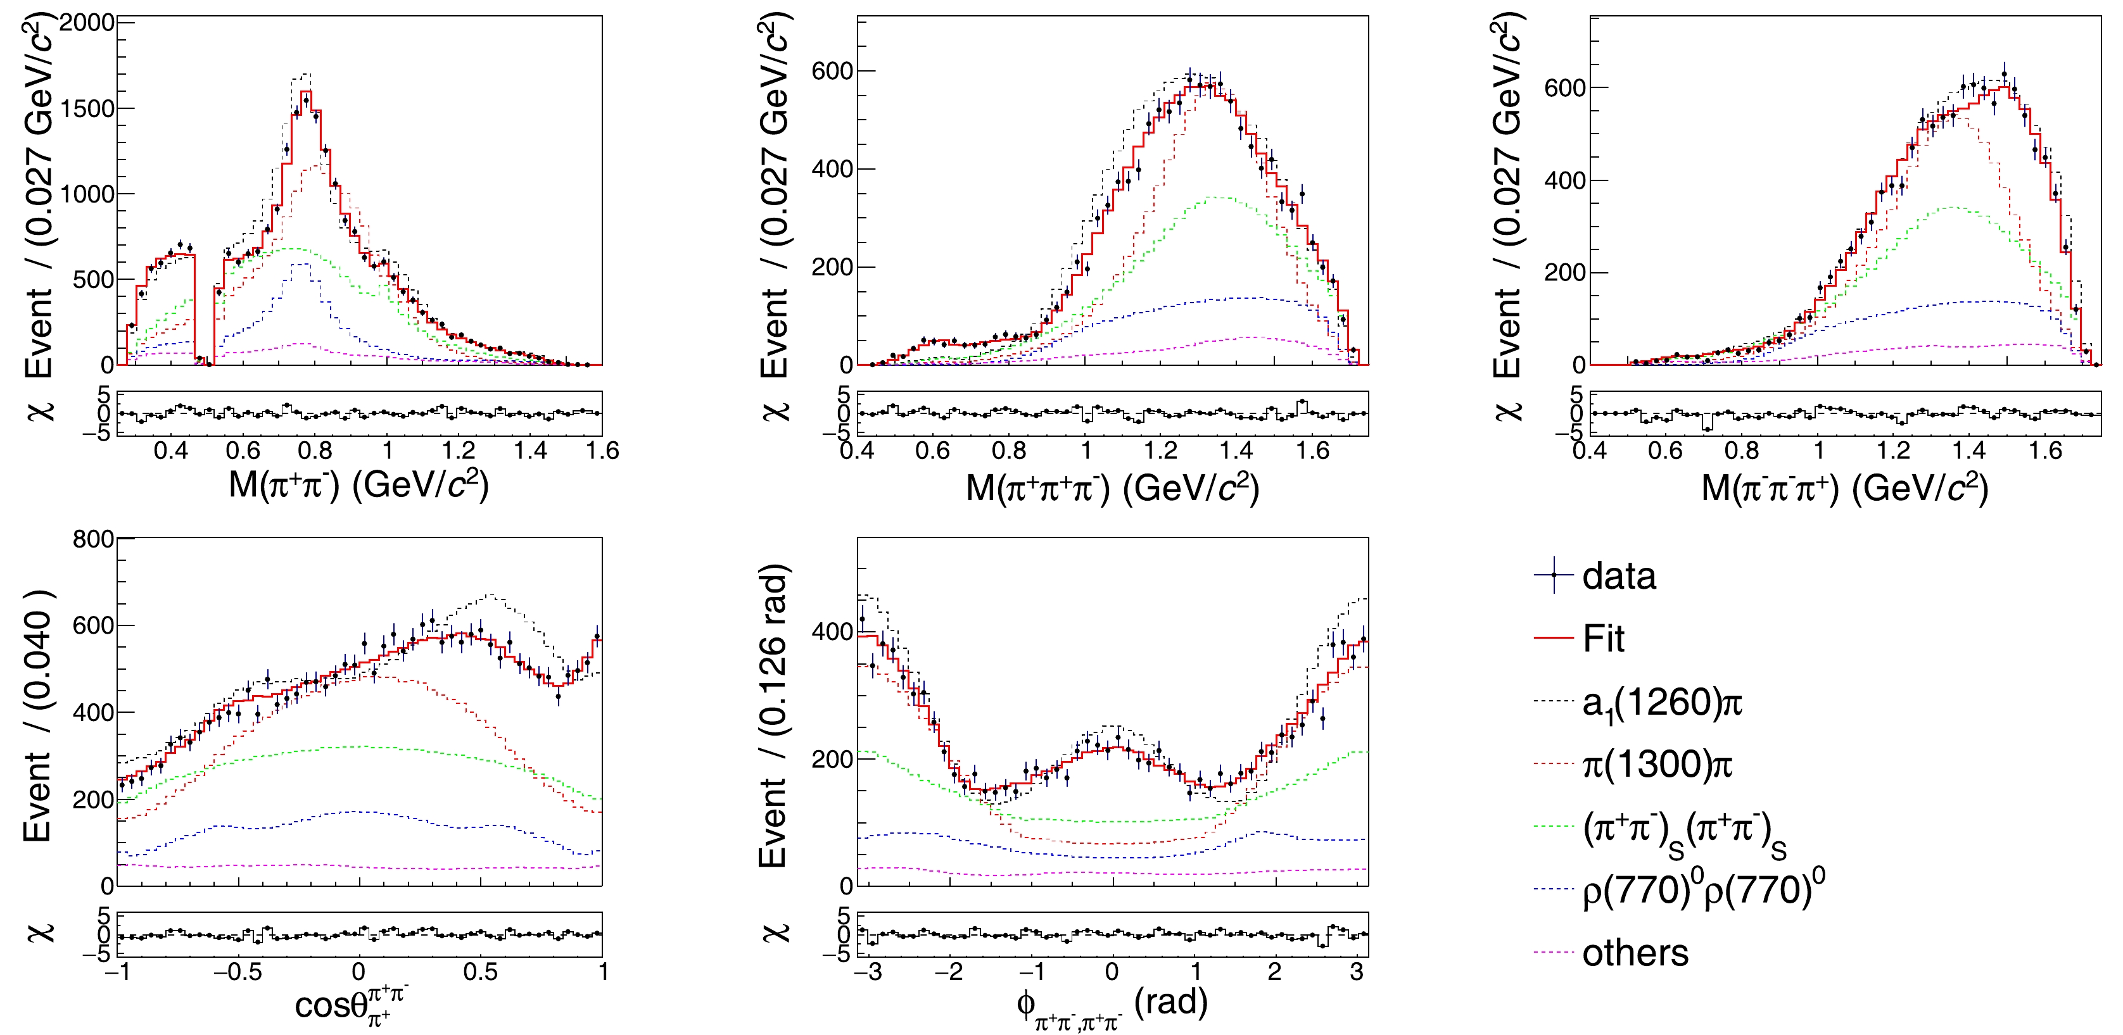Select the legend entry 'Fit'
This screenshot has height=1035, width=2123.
tap(1603, 639)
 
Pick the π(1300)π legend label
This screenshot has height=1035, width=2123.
tap(1656, 765)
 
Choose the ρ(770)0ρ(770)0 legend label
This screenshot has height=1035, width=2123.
tap(1702, 890)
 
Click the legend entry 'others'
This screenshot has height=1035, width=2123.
tap(1635, 953)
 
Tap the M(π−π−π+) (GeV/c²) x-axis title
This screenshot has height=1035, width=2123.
tap(1844, 488)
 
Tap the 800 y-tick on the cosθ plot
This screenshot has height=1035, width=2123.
tap(93, 540)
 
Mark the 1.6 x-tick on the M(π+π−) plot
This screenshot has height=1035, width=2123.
tap(602, 451)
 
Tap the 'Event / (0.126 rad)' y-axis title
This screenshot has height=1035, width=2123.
tap(774, 715)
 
